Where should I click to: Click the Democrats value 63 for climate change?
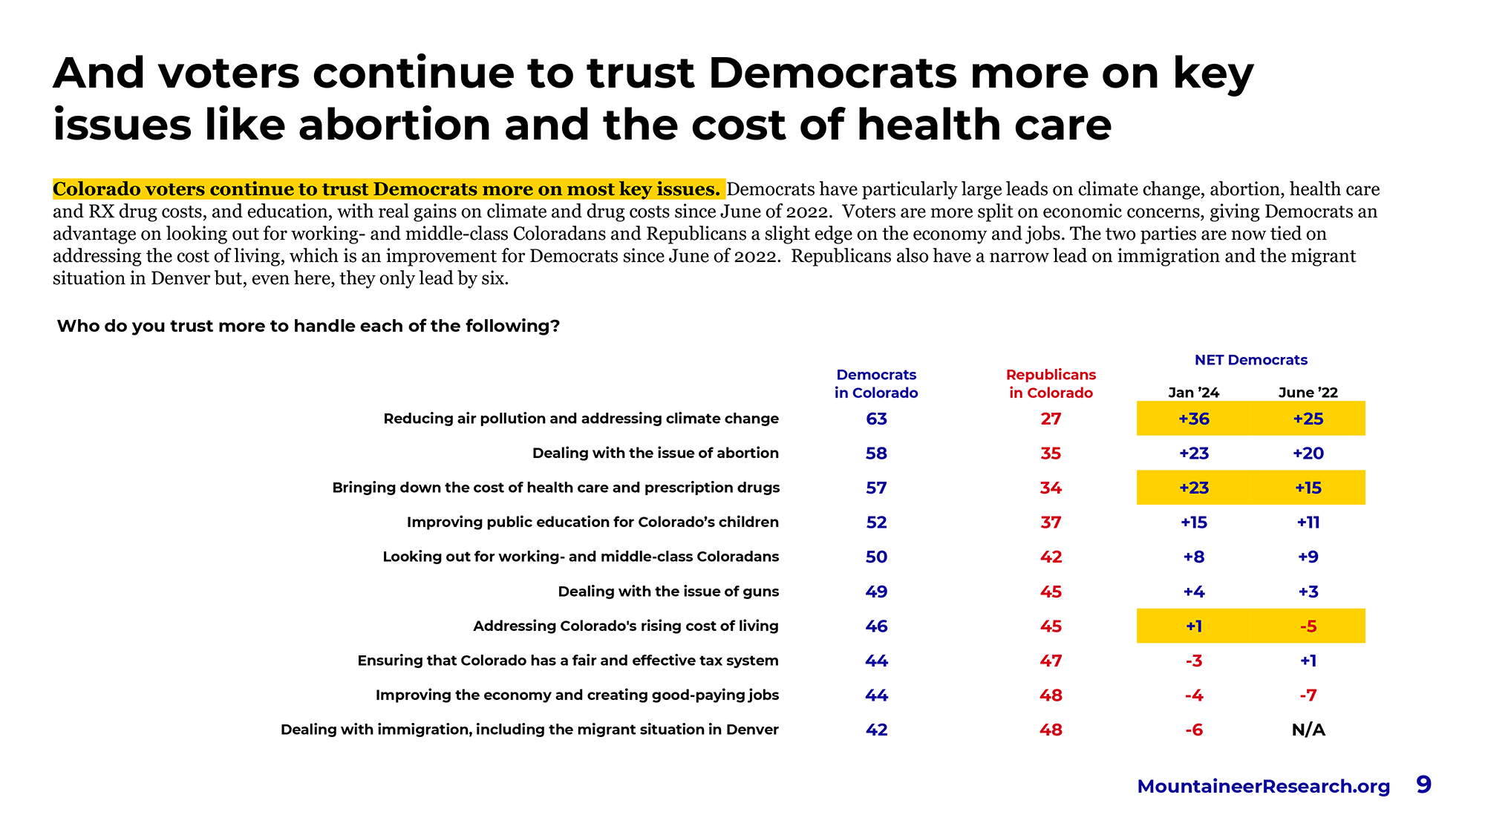point(876,419)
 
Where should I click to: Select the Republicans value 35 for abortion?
point(1051,453)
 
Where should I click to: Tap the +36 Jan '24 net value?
point(1193,419)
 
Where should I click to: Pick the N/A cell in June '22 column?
point(1308,730)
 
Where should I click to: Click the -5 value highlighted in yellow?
point(1308,626)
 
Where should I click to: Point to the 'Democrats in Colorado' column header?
point(876,384)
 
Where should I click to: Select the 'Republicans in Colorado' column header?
point(1051,384)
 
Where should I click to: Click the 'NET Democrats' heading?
point(1250,360)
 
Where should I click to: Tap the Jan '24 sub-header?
point(1193,393)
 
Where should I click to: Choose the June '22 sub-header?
point(1308,393)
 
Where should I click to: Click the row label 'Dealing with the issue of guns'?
point(668,592)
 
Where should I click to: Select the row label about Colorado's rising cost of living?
point(626,626)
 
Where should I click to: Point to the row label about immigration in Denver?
point(529,730)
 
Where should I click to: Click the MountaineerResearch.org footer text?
point(1263,787)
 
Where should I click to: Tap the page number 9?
point(1423,785)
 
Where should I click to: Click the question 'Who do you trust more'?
point(308,326)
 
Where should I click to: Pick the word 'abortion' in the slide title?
point(394,125)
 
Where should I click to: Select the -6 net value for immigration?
point(1193,730)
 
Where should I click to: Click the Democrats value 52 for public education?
point(876,523)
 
